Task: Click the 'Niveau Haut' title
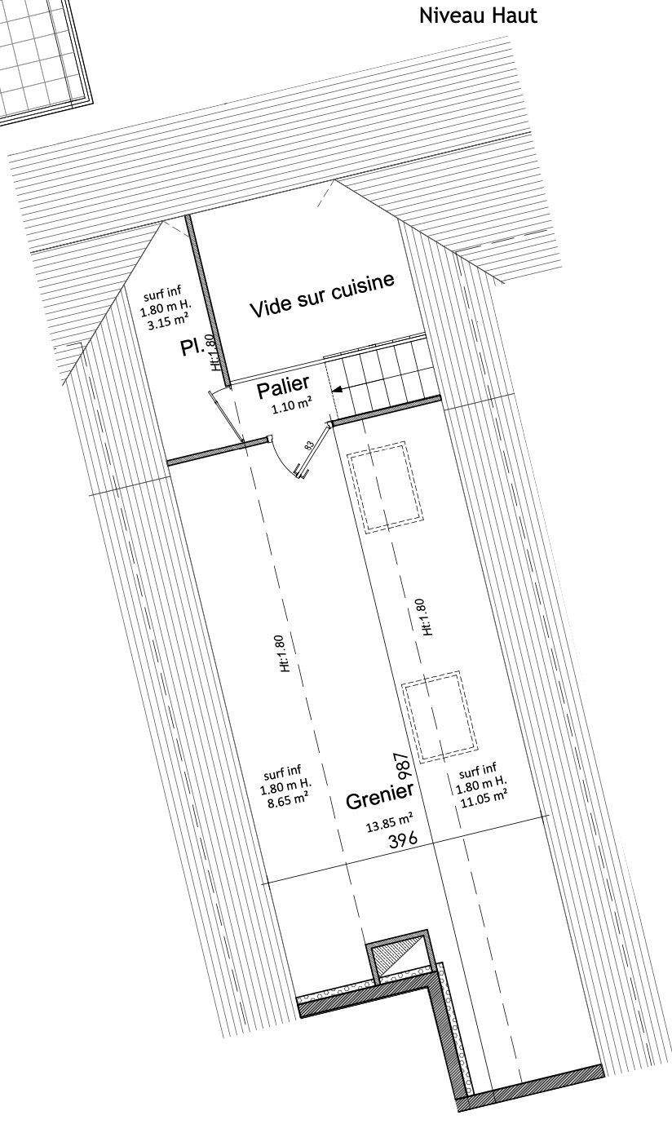tap(478, 15)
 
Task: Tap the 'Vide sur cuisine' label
tap(322, 295)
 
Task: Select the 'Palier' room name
tap(283, 387)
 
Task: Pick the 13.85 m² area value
tap(390, 823)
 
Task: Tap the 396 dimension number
tap(403, 840)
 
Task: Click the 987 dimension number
tap(403, 766)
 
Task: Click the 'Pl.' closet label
tap(193, 346)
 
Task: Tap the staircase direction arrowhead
tap(338, 388)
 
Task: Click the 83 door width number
tap(309, 445)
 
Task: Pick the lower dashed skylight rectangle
tap(440, 717)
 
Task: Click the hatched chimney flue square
tap(397, 957)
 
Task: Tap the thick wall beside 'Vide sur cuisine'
tap(207, 301)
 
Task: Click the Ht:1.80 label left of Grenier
tap(283, 654)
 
